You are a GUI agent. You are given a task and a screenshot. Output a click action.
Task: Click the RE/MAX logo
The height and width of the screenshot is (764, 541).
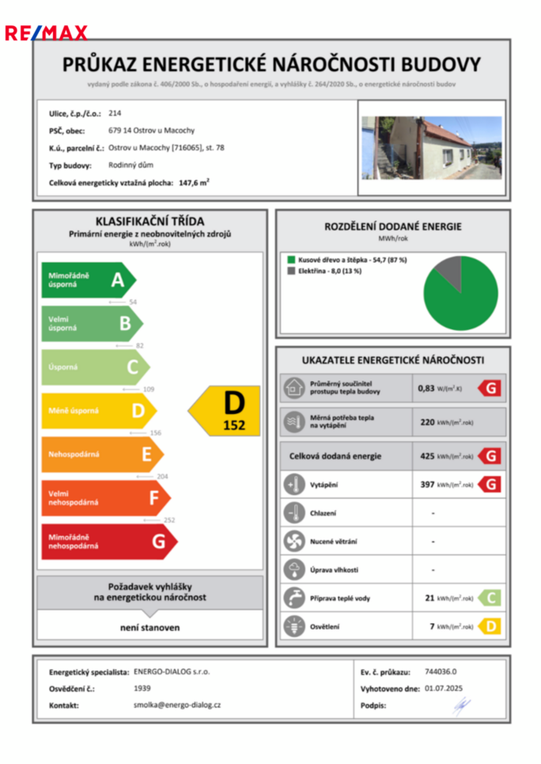coord(45,32)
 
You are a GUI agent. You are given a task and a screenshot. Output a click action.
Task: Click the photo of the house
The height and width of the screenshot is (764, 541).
coord(431,148)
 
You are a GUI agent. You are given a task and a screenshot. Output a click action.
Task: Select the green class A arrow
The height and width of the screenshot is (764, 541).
coord(88,279)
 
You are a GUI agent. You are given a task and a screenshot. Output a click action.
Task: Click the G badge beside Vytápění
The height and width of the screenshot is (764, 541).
coord(490,484)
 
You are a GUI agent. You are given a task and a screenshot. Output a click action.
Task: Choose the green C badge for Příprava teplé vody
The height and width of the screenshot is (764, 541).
coord(490,598)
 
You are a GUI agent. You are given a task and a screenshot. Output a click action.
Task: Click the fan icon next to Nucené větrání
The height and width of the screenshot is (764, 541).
coord(293,541)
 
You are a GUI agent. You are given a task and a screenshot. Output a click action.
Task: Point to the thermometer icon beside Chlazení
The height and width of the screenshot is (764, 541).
coord(293,512)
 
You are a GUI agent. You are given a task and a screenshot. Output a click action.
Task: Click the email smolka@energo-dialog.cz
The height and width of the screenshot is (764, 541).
coord(177,705)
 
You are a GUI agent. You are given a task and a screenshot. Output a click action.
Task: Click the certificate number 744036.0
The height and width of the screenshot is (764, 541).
coord(441,671)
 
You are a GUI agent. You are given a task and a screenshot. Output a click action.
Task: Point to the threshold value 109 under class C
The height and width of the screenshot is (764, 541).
coord(148,389)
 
